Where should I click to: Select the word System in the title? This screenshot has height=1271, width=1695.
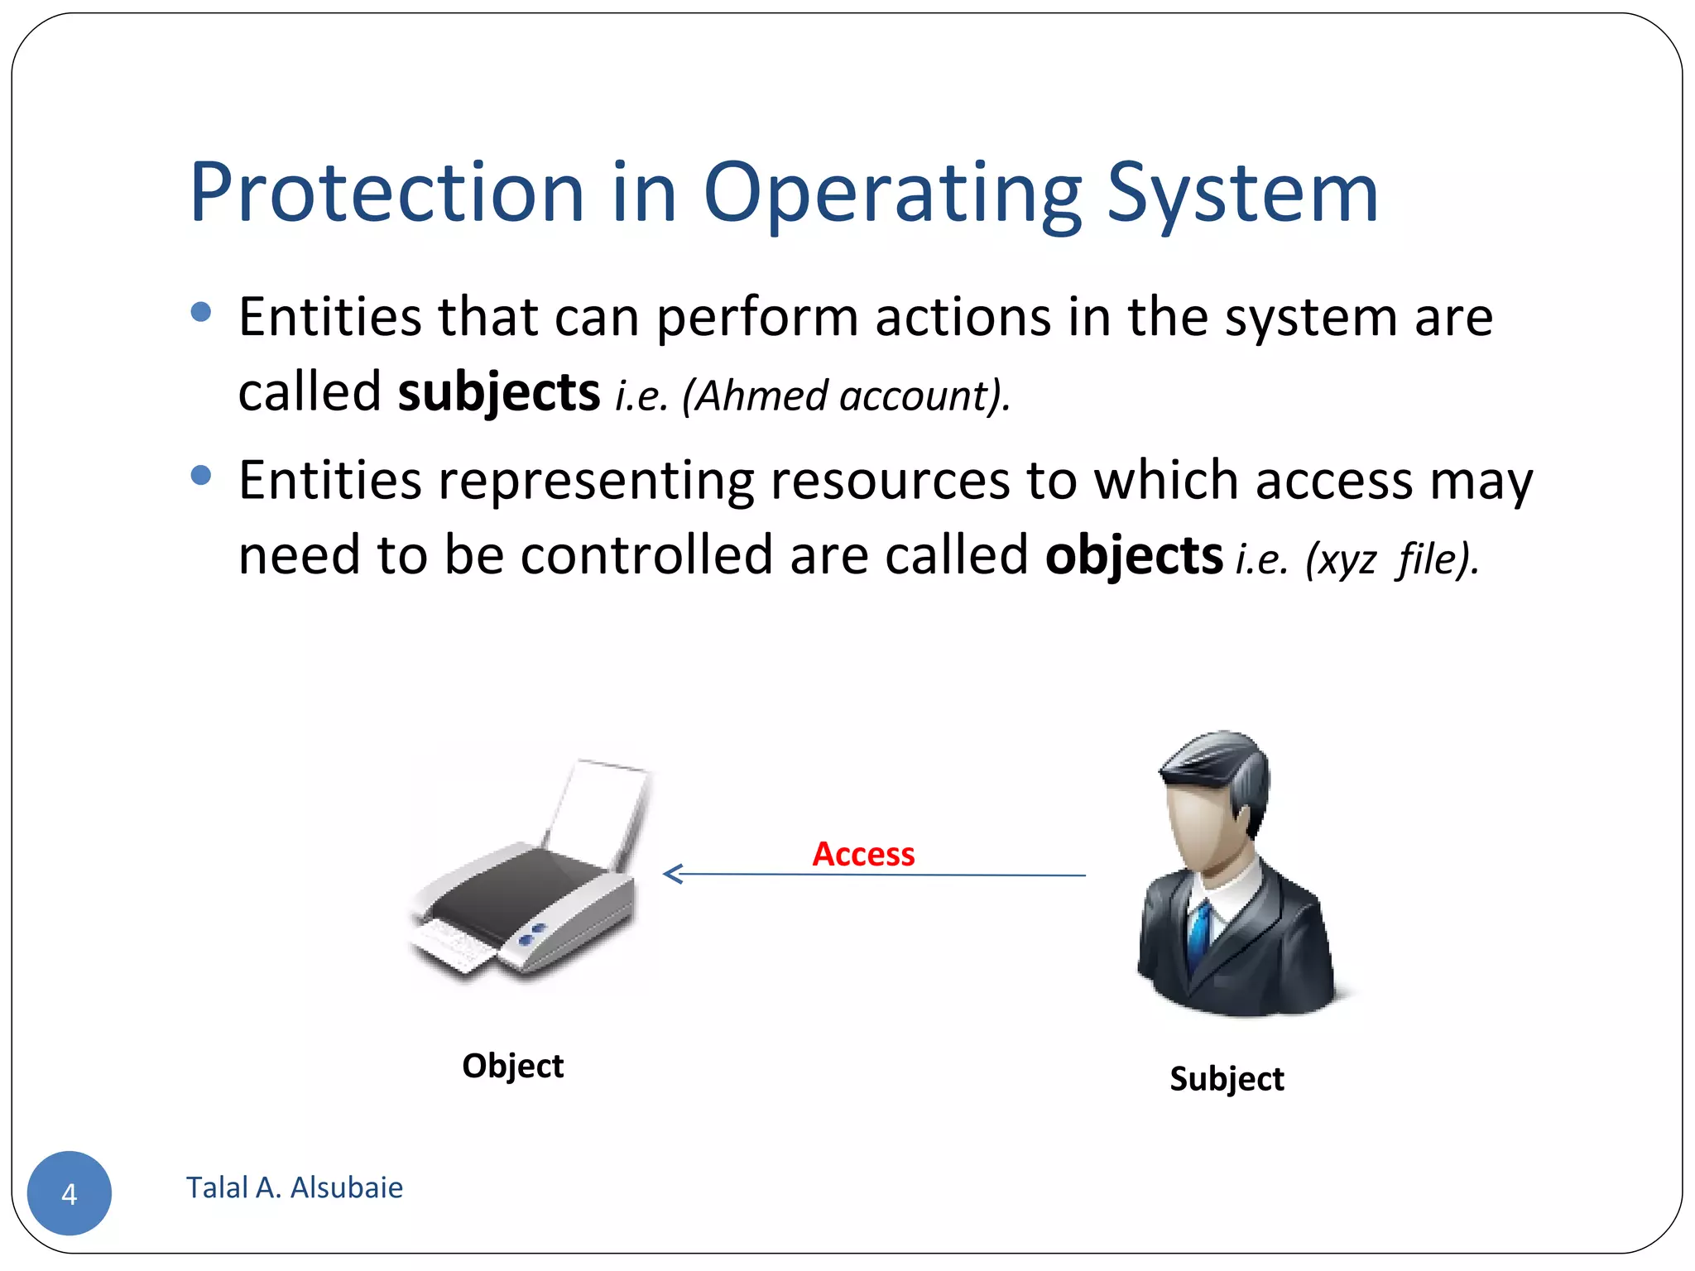tap(1241, 194)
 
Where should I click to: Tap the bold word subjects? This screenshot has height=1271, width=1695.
tap(498, 392)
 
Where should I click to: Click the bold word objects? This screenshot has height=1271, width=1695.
tap(1134, 555)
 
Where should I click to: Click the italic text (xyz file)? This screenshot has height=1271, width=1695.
tap(1390, 559)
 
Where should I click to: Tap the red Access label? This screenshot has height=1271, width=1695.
tap(863, 854)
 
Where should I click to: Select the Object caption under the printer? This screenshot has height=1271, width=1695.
tap(512, 1066)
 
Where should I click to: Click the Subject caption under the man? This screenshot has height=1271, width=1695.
tap(1227, 1079)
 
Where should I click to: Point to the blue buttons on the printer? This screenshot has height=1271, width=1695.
tap(531, 935)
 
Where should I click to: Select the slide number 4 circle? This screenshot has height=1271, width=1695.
tap(70, 1193)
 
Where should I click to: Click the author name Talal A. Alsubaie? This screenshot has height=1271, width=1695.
tap(295, 1188)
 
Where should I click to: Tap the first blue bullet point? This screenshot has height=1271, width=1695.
tap(201, 312)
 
